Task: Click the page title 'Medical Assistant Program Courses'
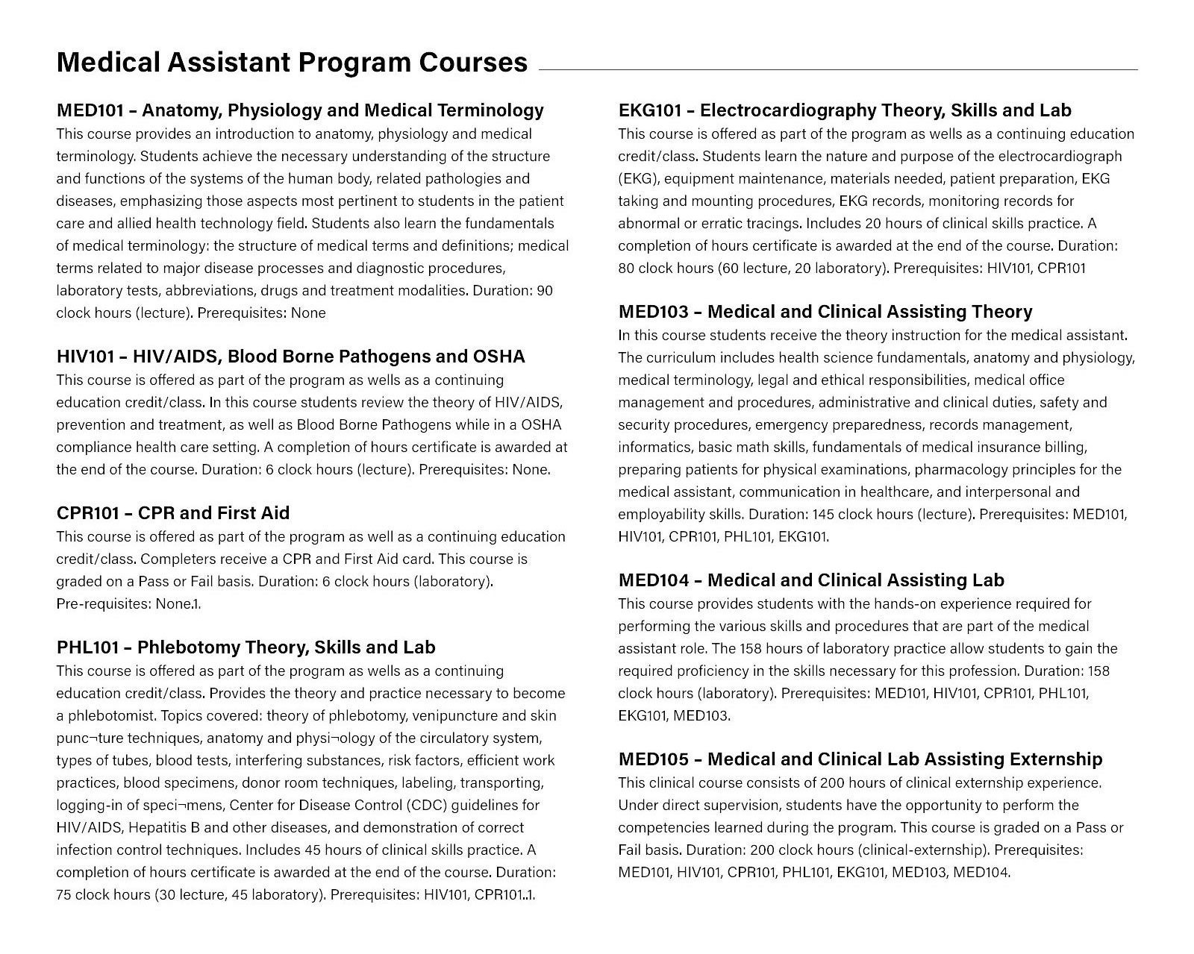click(x=292, y=62)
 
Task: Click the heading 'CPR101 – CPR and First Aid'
click(x=173, y=513)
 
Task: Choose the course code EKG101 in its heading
click(x=650, y=110)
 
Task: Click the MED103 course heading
click(x=825, y=312)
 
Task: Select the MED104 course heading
click(x=811, y=580)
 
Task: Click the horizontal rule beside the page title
click(x=838, y=69)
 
